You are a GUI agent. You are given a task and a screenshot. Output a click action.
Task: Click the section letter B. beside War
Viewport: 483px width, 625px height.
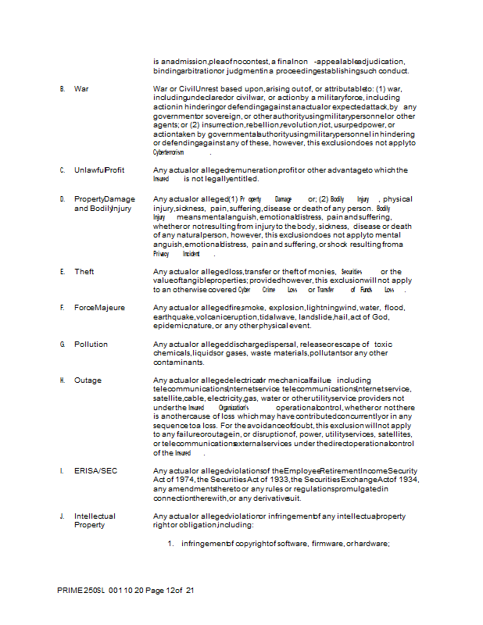pyautogui.click(x=62, y=89)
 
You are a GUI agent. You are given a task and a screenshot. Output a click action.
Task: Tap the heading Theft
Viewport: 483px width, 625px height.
pyautogui.click(x=84, y=272)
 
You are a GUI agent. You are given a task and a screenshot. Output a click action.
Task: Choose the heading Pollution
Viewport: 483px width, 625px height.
pyautogui.click(x=91, y=344)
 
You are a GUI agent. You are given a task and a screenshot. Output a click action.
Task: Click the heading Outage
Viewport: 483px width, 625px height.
pyautogui.click(x=88, y=380)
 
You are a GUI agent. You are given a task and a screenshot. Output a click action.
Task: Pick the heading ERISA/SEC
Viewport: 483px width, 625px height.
pyautogui.click(x=92, y=471)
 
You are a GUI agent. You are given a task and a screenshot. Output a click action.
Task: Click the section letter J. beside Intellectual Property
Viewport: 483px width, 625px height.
pyautogui.click(x=62, y=516)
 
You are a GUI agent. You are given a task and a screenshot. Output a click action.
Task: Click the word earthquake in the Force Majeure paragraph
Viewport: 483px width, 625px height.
pyautogui.click(x=173, y=316)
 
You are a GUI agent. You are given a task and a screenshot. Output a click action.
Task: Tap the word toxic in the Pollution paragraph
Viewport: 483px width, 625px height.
pyautogui.click(x=383, y=344)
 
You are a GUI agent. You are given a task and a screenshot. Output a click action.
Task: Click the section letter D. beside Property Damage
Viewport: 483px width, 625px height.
pyautogui.click(x=62, y=199)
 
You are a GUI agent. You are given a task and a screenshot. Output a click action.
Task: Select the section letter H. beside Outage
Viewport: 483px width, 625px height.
pyautogui.click(x=62, y=380)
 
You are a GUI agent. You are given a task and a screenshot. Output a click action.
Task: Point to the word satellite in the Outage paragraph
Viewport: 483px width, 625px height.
pyautogui.click(x=168, y=398)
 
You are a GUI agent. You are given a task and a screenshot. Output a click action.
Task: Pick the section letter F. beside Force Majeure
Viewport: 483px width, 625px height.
pyautogui.click(x=62, y=308)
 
